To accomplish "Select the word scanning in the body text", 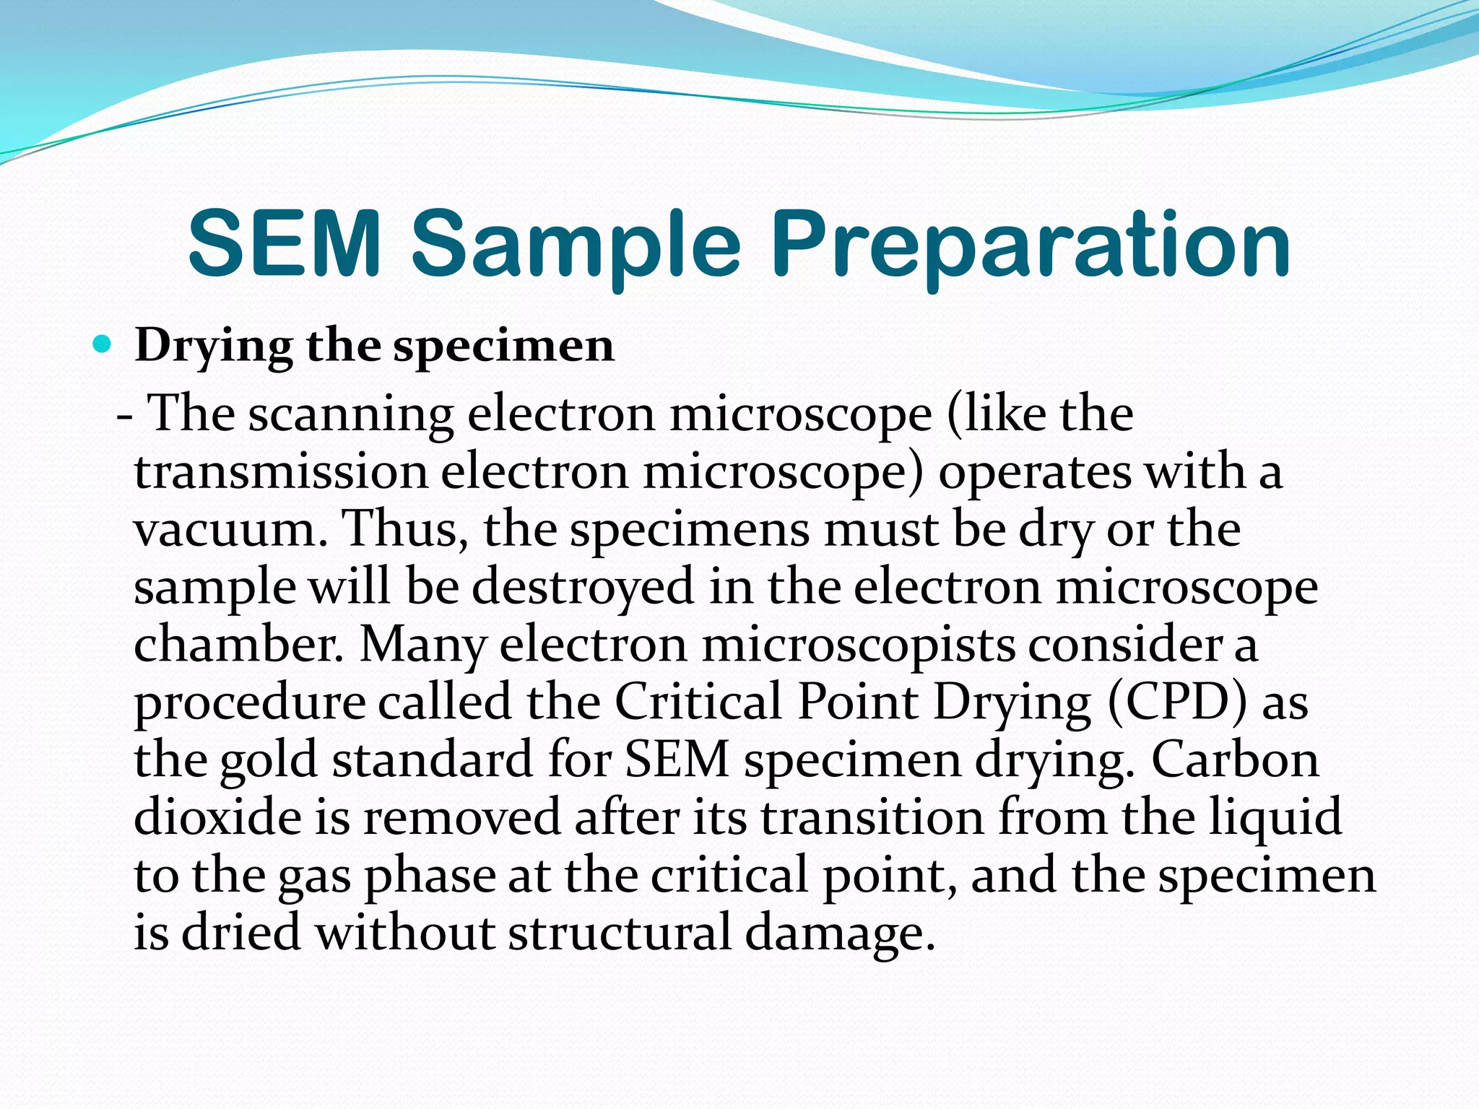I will (351, 415).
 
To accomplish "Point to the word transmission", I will (282, 472).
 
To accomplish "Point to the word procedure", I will (250, 703).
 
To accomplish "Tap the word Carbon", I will (1235, 760).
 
